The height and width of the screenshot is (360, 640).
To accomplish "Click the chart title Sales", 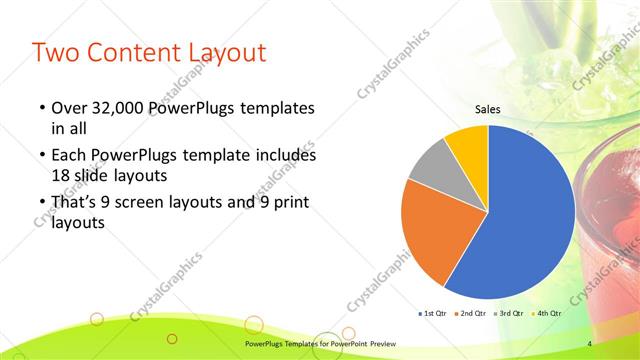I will pos(487,110).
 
